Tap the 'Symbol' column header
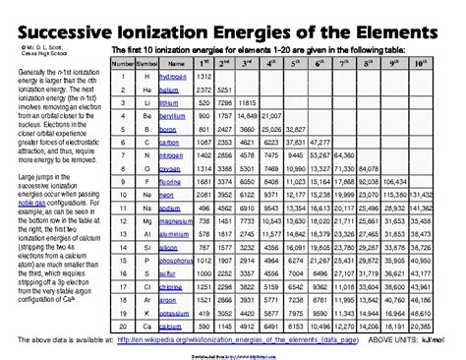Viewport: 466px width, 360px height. point(146,62)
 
